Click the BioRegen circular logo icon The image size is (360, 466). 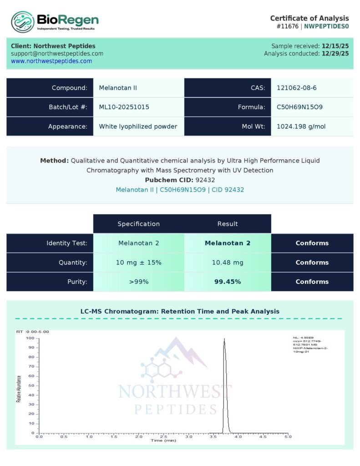(x=22, y=22)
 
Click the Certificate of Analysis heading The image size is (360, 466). (x=309, y=18)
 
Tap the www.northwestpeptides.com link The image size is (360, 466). (x=51, y=61)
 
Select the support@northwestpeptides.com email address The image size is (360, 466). (x=57, y=53)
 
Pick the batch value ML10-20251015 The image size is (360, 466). (x=124, y=107)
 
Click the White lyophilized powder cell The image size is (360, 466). (x=138, y=127)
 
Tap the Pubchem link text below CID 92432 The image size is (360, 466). (x=180, y=190)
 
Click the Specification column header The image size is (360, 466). (x=139, y=224)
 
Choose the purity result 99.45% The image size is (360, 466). (x=228, y=282)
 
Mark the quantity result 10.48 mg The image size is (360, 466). (x=228, y=263)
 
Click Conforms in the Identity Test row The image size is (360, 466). (x=312, y=243)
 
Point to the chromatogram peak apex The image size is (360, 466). (x=224, y=339)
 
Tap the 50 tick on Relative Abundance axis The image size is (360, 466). (x=31, y=385)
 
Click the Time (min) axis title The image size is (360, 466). (x=163, y=441)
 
